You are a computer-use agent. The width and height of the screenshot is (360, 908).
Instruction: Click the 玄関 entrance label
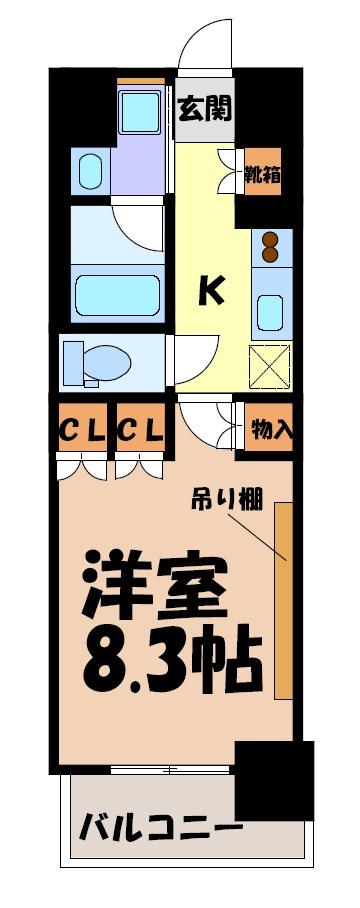205,107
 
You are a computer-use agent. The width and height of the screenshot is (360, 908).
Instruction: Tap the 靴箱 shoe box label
263,174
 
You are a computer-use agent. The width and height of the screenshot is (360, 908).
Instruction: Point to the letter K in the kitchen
209,290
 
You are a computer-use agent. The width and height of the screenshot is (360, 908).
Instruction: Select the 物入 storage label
270,430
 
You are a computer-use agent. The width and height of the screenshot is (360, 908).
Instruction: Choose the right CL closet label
141,431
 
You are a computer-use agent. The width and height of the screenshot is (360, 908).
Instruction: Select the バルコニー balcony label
160,829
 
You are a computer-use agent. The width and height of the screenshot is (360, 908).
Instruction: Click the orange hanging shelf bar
283,600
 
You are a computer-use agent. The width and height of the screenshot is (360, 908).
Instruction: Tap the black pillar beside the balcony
272,780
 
